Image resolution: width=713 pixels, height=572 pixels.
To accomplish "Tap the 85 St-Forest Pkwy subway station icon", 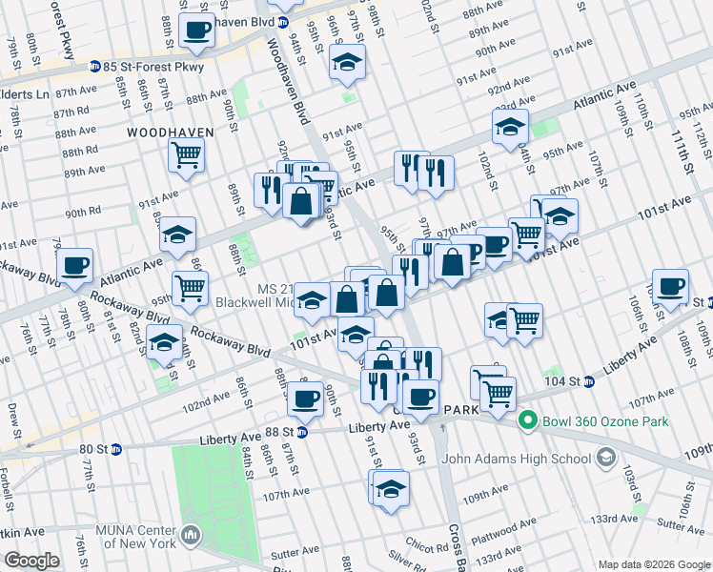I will tap(95, 66).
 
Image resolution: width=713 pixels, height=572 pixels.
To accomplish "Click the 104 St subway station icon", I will tap(588, 381).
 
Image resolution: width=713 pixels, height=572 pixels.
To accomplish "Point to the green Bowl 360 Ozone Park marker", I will tap(525, 419).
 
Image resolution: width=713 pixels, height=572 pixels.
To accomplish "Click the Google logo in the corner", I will tap(32, 561).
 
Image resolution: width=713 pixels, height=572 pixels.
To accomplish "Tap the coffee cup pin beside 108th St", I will tap(670, 286).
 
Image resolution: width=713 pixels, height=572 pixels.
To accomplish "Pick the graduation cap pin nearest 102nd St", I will tap(511, 125).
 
